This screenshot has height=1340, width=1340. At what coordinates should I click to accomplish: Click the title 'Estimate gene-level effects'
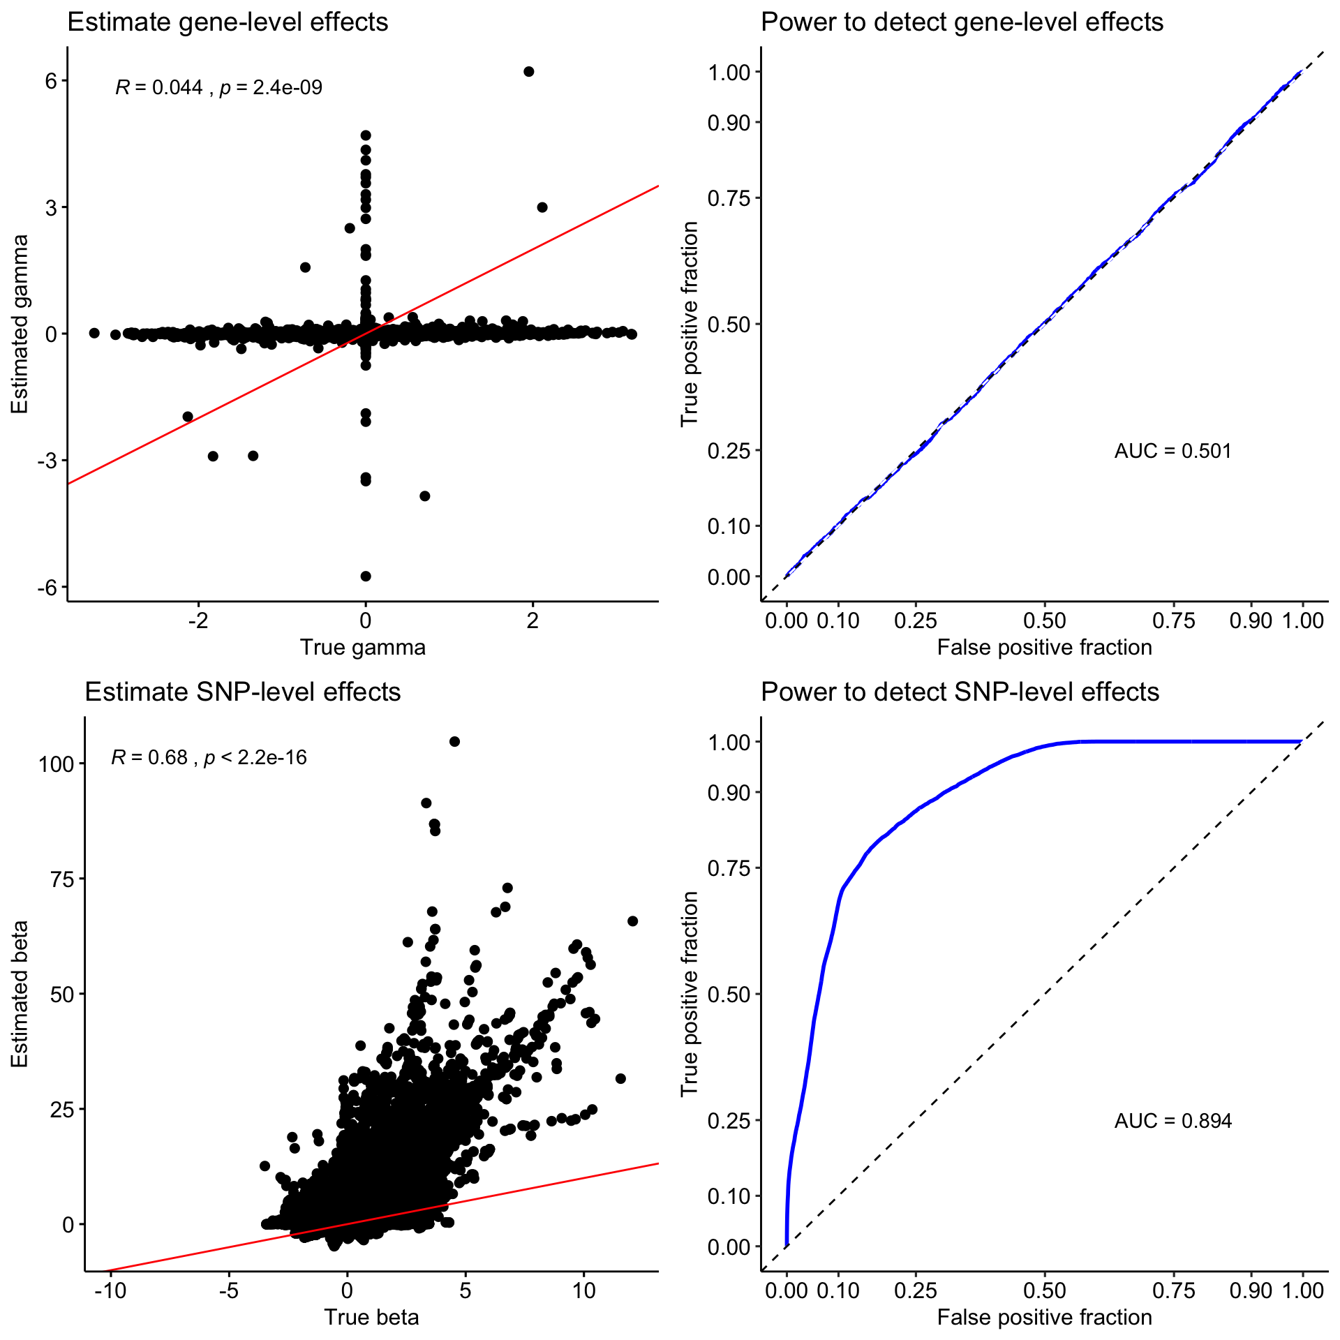point(228,22)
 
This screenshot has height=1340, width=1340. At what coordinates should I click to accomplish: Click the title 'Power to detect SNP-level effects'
point(960,692)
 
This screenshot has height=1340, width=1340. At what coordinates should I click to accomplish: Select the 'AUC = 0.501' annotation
point(1172,451)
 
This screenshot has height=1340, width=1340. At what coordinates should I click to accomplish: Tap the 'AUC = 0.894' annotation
point(1172,1121)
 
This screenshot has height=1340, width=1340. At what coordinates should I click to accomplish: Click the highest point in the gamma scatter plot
point(529,72)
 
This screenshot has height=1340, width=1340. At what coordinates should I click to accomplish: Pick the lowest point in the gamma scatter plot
point(366,576)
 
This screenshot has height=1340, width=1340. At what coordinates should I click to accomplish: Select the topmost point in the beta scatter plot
point(454,741)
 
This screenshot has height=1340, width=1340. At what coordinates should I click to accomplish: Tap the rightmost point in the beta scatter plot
point(633,921)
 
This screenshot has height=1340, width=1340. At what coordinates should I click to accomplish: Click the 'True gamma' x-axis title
point(362,647)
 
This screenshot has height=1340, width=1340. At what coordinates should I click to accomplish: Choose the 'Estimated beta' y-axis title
point(20,994)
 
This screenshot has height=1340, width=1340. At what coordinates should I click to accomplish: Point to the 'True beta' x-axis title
point(371,1317)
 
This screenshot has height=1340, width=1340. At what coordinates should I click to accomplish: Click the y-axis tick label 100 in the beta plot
point(57,764)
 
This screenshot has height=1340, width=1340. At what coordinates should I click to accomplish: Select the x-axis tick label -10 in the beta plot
point(110,1290)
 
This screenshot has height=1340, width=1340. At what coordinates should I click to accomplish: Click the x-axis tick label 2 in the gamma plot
point(533,620)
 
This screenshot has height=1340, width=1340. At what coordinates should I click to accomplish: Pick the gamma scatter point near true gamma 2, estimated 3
point(542,207)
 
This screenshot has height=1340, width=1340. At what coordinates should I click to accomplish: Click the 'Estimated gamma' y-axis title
point(20,324)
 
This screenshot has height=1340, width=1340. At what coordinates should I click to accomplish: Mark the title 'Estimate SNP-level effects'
point(242,692)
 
